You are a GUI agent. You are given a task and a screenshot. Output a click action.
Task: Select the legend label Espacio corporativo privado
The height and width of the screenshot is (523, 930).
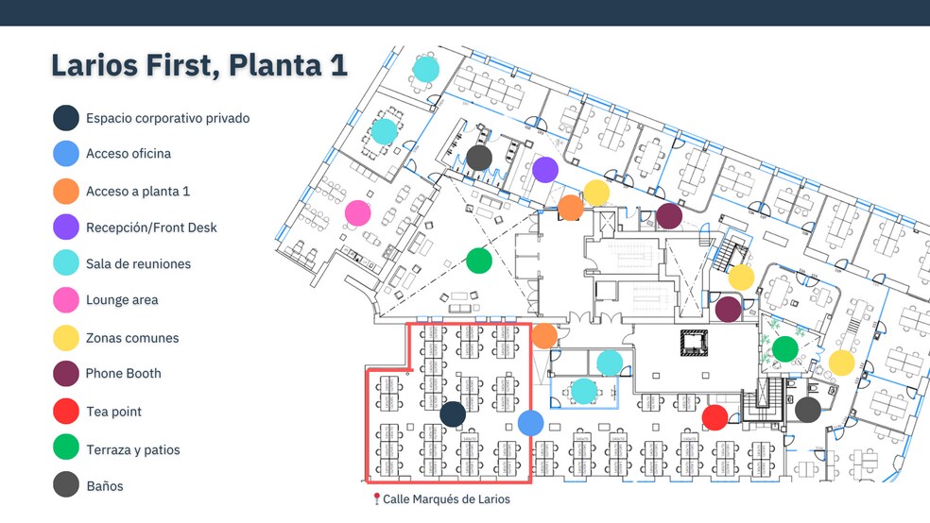tap(167, 118)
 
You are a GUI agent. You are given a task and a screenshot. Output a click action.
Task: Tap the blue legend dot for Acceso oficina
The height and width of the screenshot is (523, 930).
tap(66, 153)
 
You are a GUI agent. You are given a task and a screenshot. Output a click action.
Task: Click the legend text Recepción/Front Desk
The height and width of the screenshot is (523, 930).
tap(151, 227)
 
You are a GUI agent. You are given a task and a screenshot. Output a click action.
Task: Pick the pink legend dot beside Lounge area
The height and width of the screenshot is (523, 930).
tap(66, 300)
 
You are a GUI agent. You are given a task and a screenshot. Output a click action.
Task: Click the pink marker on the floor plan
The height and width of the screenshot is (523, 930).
tap(357, 212)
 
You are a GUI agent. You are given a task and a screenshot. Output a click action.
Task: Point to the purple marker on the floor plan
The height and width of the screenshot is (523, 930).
tap(545, 169)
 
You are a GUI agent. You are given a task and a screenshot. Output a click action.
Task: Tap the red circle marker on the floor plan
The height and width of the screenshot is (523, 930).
tap(715, 416)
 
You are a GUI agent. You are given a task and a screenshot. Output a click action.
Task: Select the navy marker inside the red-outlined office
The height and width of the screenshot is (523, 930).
tap(453, 413)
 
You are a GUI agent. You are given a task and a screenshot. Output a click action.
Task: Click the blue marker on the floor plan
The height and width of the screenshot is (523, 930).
tap(530, 424)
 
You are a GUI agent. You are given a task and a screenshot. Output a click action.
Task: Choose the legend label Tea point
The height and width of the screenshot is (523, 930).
tap(113, 412)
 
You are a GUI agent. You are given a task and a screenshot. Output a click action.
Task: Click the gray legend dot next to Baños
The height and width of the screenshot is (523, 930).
tap(66, 485)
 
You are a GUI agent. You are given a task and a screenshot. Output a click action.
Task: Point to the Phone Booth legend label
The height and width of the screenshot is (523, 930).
tap(123, 373)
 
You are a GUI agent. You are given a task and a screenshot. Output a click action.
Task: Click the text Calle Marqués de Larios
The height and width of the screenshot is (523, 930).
tap(446, 498)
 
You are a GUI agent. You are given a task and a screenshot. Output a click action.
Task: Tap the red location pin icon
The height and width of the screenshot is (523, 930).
tap(376, 498)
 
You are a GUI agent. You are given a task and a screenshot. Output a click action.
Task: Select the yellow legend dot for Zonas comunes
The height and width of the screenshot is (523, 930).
tap(66, 338)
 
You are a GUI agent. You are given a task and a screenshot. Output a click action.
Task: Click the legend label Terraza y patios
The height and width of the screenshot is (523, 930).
tap(132, 449)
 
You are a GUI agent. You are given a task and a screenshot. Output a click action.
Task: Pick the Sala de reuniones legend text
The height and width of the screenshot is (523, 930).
tap(138, 263)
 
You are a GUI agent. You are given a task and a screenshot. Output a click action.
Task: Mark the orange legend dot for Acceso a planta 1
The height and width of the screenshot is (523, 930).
tap(66, 191)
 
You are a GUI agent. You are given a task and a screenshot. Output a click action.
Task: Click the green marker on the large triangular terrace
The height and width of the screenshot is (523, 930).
tap(479, 260)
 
